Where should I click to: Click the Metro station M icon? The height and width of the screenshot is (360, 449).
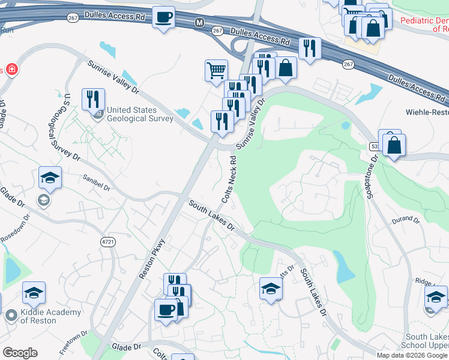(200, 22)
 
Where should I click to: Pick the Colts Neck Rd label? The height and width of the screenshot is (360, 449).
(229, 180)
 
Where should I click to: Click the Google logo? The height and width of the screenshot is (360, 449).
(20, 353)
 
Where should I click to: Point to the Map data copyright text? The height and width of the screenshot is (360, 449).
(412, 355)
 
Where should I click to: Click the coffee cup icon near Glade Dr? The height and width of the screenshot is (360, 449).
(166, 310)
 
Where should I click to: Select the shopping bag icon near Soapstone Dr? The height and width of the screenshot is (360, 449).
(394, 145)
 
